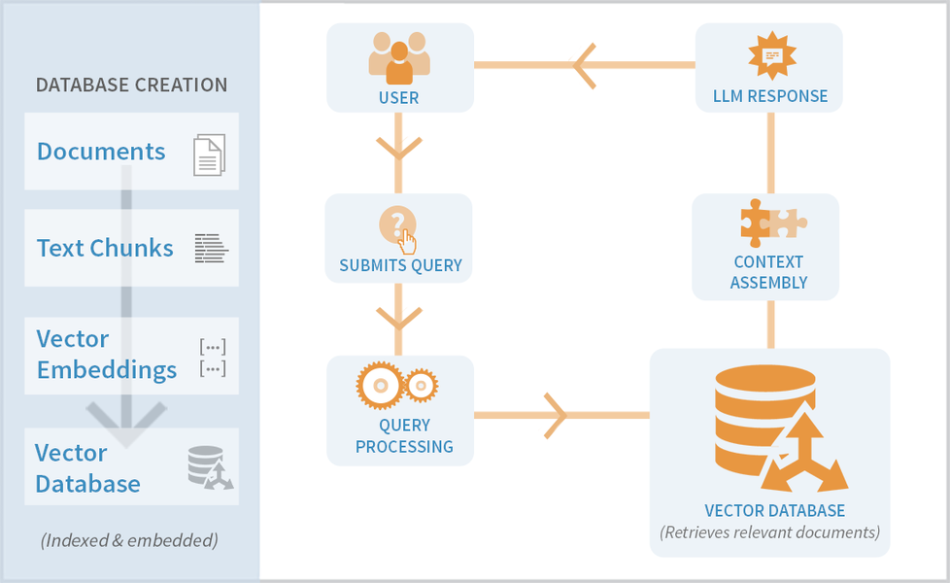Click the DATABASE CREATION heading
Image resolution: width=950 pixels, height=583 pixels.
131,85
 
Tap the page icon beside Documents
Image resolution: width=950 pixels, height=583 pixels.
209,154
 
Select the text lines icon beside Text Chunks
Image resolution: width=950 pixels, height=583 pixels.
212,249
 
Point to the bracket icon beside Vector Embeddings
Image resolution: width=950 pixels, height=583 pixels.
213,357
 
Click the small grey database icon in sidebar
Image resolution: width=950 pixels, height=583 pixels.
210,467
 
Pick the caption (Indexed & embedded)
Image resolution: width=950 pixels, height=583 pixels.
129,540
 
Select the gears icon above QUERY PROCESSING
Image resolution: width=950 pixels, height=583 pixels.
397,386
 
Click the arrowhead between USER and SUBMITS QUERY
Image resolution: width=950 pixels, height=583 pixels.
398,149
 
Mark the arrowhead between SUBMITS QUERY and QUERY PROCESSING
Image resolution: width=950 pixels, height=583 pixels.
398,317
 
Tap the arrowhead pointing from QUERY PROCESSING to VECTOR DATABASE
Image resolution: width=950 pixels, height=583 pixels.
557,415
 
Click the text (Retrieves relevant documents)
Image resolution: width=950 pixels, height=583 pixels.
769,532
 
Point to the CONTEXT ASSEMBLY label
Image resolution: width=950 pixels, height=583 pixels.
768,272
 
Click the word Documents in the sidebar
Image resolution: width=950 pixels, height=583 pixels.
101,152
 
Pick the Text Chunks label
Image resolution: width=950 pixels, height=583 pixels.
105,248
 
